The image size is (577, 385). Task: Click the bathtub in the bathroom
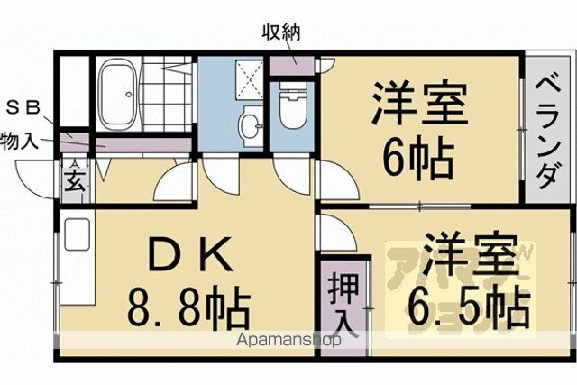pyautogui.click(x=119, y=94)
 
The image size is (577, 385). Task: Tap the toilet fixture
pyautogui.click(x=293, y=105)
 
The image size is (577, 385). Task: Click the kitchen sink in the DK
pyautogui.click(x=78, y=234)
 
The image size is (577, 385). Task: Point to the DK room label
pyautogui.click(x=190, y=253)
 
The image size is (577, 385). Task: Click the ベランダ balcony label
pyautogui.click(x=548, y=133)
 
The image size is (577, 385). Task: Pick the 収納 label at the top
pyautogui.click(x=281, y=33)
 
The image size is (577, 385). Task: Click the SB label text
pyautogui.click(x=23, y=108)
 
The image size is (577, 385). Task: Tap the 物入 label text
pyautogui.click(x=19, y=141)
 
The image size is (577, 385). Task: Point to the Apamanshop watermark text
pyautogui.click(x=288, y=340)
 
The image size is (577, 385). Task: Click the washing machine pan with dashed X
pyautogui.click(x=250, y=80)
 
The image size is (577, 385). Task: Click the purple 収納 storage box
pyautogui.click(x=292, y=66)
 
